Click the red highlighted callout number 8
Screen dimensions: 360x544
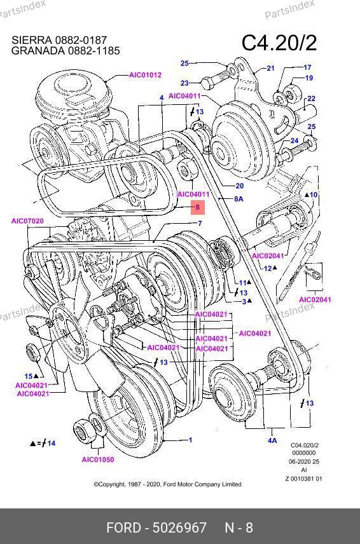[x=198, y=207]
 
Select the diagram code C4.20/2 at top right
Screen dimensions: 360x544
[x=279, y=43]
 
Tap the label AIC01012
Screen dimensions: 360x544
[x=146, y=74]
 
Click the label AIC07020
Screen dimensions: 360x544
[x=27, y=221]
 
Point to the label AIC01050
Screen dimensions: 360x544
[x=98, y=459]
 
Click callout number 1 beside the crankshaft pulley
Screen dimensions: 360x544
[x=190, y=440]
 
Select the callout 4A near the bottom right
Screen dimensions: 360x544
[x=272, y=440]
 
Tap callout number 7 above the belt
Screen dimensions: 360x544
[x=200, y=223]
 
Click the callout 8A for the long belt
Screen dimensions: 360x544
[x=239, y=199]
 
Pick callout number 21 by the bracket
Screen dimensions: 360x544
[x=270, y=69]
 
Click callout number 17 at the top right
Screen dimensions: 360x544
[x=307, y=67]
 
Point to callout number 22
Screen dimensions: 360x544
[x=311, y=99]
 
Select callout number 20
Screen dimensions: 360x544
[x=240, y=186]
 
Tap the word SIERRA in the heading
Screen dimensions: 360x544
[x=32, y=40]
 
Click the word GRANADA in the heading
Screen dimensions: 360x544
[x=38, y=51]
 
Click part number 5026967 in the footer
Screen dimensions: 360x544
[x=180, y=527]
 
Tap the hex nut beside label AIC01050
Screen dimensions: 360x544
[x=82, y=429]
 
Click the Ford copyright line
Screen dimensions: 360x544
[x=167, y=484]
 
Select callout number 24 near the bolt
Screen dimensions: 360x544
[x=294, y=140]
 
